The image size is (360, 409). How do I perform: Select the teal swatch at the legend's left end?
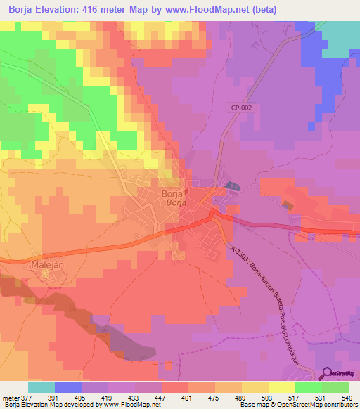(41, 387)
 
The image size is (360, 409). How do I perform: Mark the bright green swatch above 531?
(308, 387)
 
